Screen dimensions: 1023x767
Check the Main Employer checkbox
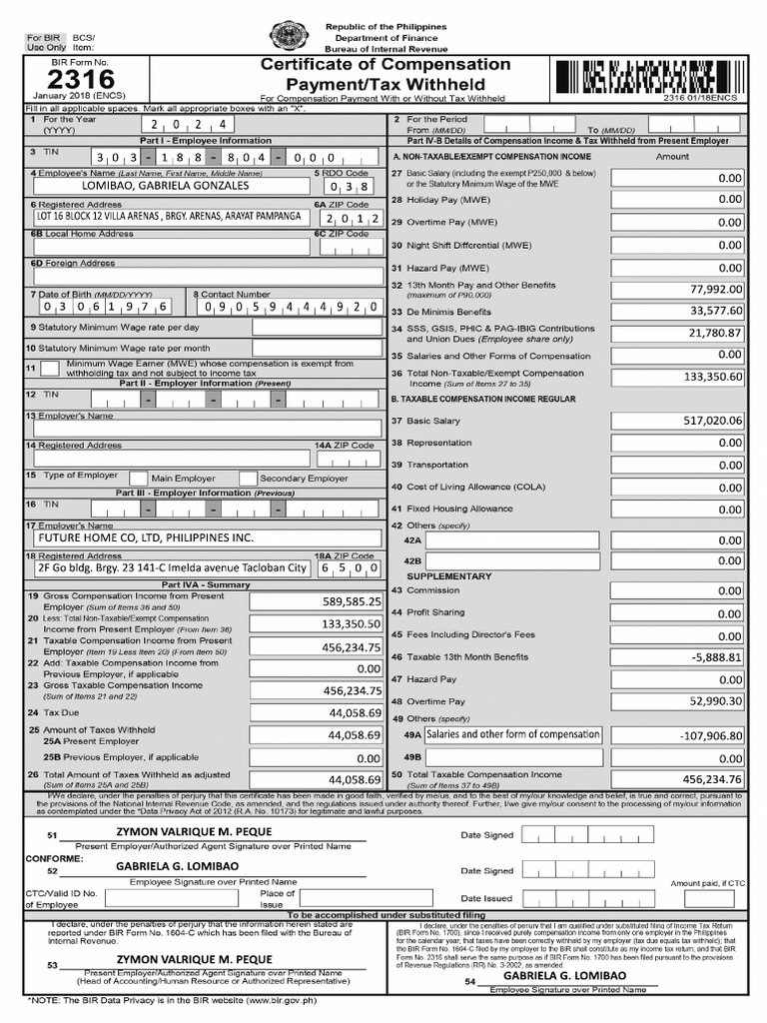(x=139, y=479)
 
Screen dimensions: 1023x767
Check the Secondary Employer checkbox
(x=248, y=479)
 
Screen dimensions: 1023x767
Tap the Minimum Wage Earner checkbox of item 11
(x=49, y=369)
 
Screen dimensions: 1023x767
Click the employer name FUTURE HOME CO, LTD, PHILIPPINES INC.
(x=145, y=536)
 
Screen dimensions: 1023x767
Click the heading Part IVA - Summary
(x=193, y=584)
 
